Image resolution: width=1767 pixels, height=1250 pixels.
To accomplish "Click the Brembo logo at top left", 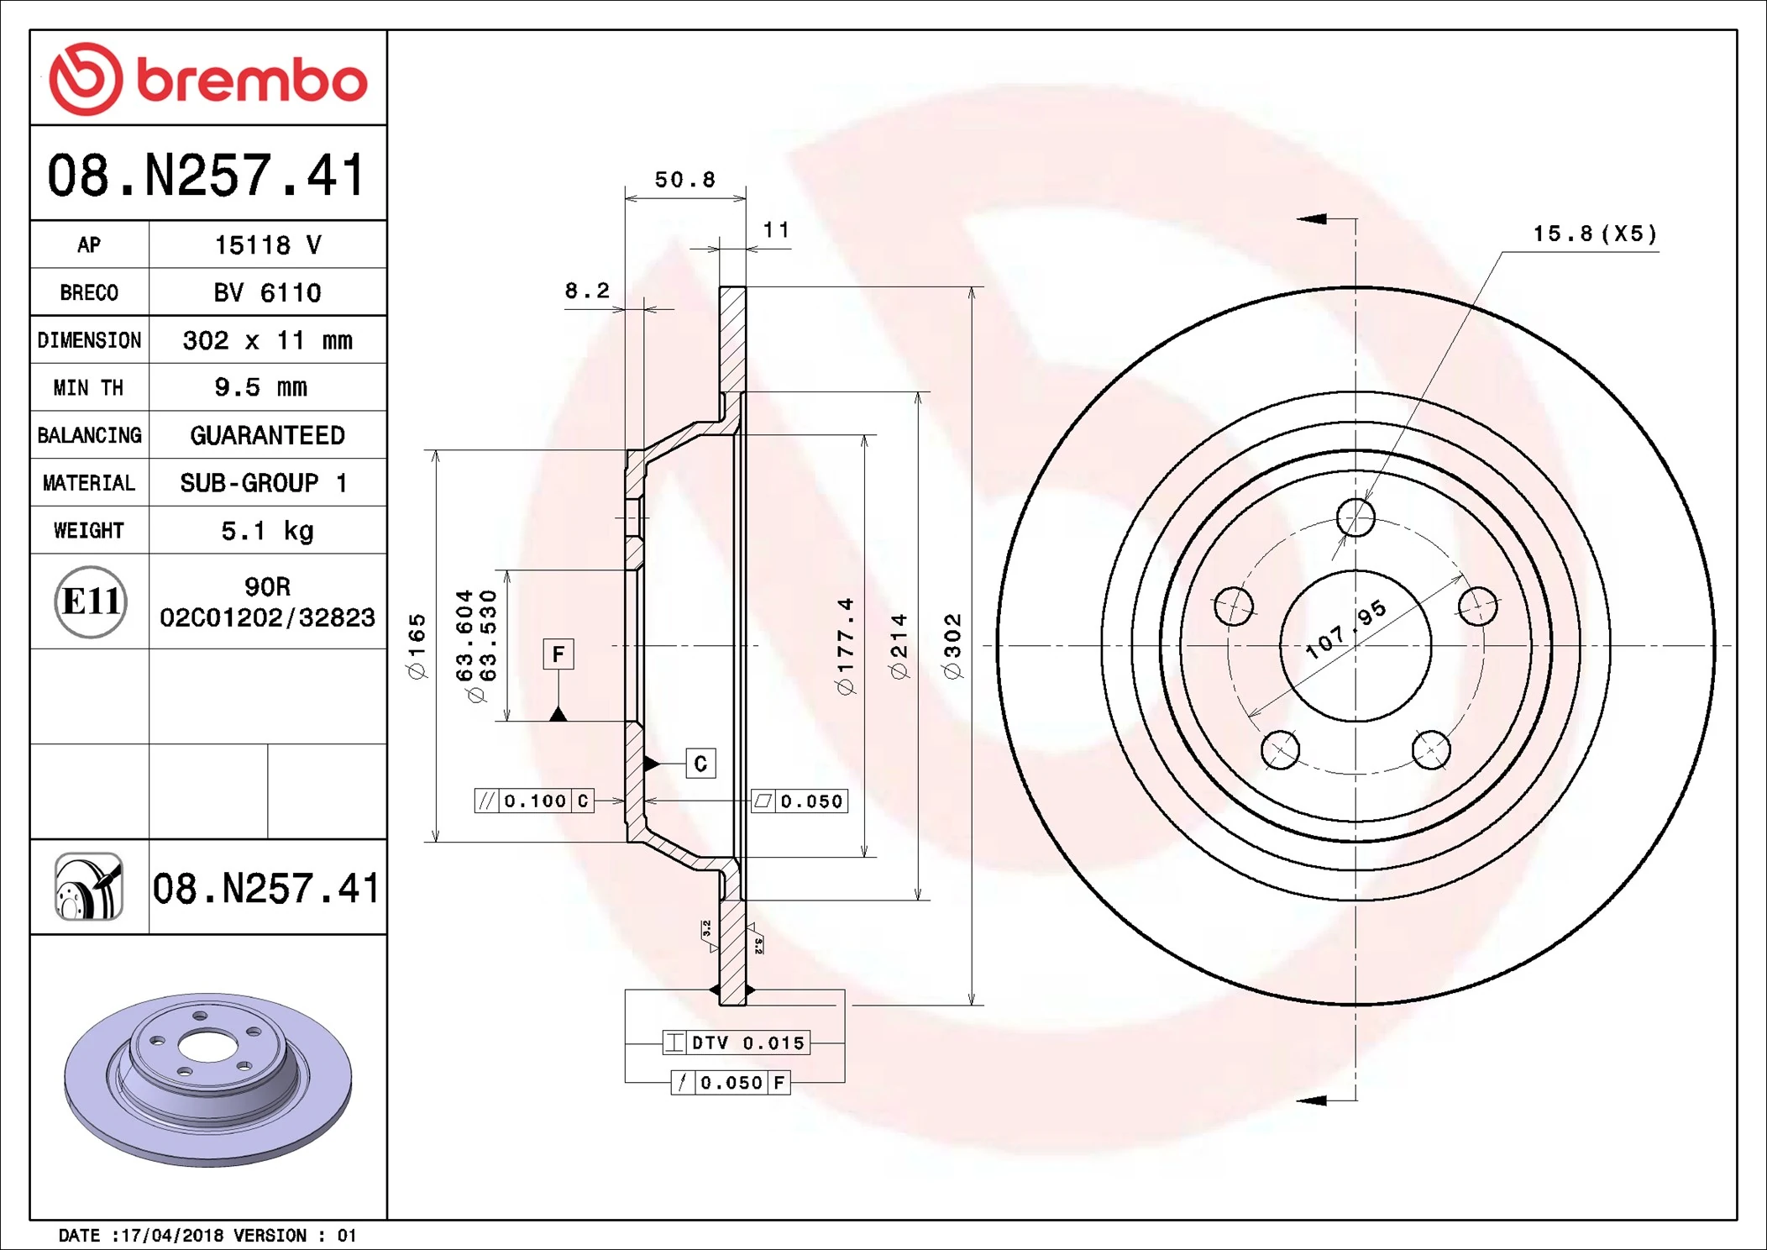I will [207, 79].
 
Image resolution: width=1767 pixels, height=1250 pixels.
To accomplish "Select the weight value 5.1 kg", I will [267, 531].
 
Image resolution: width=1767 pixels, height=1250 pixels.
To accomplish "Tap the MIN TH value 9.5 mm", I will [260, 387].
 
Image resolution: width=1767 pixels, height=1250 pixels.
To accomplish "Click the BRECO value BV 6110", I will [267, 292].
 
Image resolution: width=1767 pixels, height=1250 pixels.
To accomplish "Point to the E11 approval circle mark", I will [91, 601].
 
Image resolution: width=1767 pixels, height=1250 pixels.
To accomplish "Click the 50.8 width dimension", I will [684, 180].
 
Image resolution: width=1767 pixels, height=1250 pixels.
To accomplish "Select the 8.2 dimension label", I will [586, 291].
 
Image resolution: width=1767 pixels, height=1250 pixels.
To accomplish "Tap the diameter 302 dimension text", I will [952, 645].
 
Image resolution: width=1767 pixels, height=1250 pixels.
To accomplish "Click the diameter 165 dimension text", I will [417, 645].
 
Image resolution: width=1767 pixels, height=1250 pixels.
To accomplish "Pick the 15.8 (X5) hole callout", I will [1595, 234].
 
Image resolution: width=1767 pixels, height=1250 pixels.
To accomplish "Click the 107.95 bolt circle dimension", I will [1345, 630].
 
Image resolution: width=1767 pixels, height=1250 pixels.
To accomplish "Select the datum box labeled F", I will [558, 654].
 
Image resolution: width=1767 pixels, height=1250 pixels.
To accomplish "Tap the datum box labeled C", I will [700, 764].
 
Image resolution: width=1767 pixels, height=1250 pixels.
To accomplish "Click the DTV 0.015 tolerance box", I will [737, 1043].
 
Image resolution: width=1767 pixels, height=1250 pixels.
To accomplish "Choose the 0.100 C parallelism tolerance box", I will [534, 801].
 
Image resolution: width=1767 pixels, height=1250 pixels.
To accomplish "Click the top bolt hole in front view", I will [1355, 517].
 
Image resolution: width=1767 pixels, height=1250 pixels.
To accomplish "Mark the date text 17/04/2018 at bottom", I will [172, 1235].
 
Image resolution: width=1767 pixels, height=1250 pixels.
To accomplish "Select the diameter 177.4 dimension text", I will [845, 645].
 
